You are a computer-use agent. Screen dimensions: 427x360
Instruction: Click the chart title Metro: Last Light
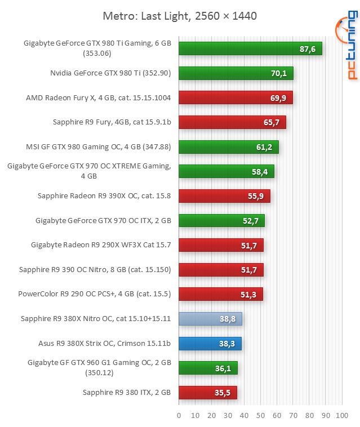(180, 16)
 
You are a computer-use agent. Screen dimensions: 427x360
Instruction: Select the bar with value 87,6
(250, 49)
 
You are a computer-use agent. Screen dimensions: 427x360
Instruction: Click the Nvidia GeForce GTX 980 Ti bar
(236, 73)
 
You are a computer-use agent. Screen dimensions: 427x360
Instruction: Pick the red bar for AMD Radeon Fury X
(235, 98)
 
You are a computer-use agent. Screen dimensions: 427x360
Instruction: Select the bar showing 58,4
(226, 171)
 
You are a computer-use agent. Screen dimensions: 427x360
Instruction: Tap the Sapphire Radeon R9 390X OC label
(104, 196)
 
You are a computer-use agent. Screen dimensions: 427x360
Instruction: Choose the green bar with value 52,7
(221, 220)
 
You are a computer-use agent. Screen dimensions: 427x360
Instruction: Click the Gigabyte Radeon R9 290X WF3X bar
(221, 245)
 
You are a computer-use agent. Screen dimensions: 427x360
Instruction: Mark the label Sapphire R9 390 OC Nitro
(95, 269)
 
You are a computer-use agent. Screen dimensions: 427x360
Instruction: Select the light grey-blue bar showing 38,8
(210, 319)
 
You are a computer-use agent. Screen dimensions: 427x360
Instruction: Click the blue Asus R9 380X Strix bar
(210, 343)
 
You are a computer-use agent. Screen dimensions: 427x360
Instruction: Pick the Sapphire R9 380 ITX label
(127, 392)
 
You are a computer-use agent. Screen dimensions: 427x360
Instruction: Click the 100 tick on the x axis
(342, 416)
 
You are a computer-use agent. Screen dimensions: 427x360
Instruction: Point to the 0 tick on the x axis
(179, 416)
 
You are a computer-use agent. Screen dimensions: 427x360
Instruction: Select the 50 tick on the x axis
(260, 416)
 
